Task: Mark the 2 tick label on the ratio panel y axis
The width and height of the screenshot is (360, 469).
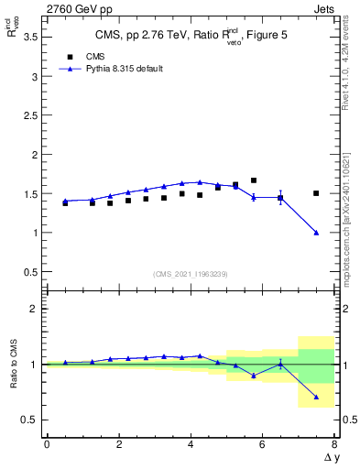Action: click(x=33, y=310)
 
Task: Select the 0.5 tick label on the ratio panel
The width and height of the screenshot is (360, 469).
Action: click(x=29, y=420)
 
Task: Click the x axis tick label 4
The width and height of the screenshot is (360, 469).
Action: click(x=191, y=444)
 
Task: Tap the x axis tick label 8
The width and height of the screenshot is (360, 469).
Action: click(x=334, y=444)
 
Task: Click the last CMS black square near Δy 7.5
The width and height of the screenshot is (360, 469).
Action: click(x=316, y=193)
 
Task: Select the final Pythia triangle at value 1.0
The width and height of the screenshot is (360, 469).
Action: click(x=316, y=233)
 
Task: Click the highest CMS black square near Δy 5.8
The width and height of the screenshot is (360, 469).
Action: click(x=254, y=180)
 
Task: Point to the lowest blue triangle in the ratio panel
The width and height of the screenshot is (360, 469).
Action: click(x=316, y=398)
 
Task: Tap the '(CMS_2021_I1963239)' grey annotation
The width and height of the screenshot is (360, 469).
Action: click(x=190, y=274)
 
